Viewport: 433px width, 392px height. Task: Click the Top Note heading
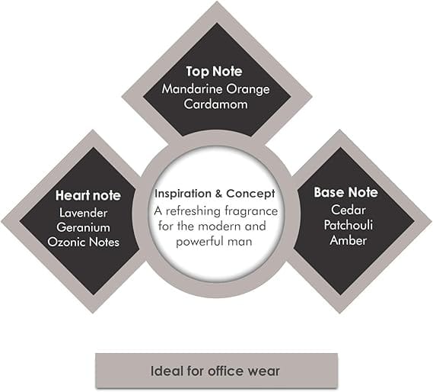coord(214,72)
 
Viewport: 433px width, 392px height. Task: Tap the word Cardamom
coord(215,104)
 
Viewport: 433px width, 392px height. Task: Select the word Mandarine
coord(192,89)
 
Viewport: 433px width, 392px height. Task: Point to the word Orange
coord(248,90)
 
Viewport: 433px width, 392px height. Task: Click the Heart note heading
coord(88,195)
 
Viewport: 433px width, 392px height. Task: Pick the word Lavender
coord(84,213)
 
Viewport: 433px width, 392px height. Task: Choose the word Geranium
coord(84,227)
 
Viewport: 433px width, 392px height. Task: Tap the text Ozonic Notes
coord(84,242)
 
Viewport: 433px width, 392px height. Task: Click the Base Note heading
coord(345,192)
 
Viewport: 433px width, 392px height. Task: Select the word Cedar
coord(349,210)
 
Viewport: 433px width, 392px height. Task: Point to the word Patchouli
coord(349,225)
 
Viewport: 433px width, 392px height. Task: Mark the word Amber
coord(349,240)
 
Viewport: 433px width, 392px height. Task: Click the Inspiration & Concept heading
coord(215,194)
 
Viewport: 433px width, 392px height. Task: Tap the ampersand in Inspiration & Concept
coord(218,194)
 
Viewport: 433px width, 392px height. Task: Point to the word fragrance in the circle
coord(251,211)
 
